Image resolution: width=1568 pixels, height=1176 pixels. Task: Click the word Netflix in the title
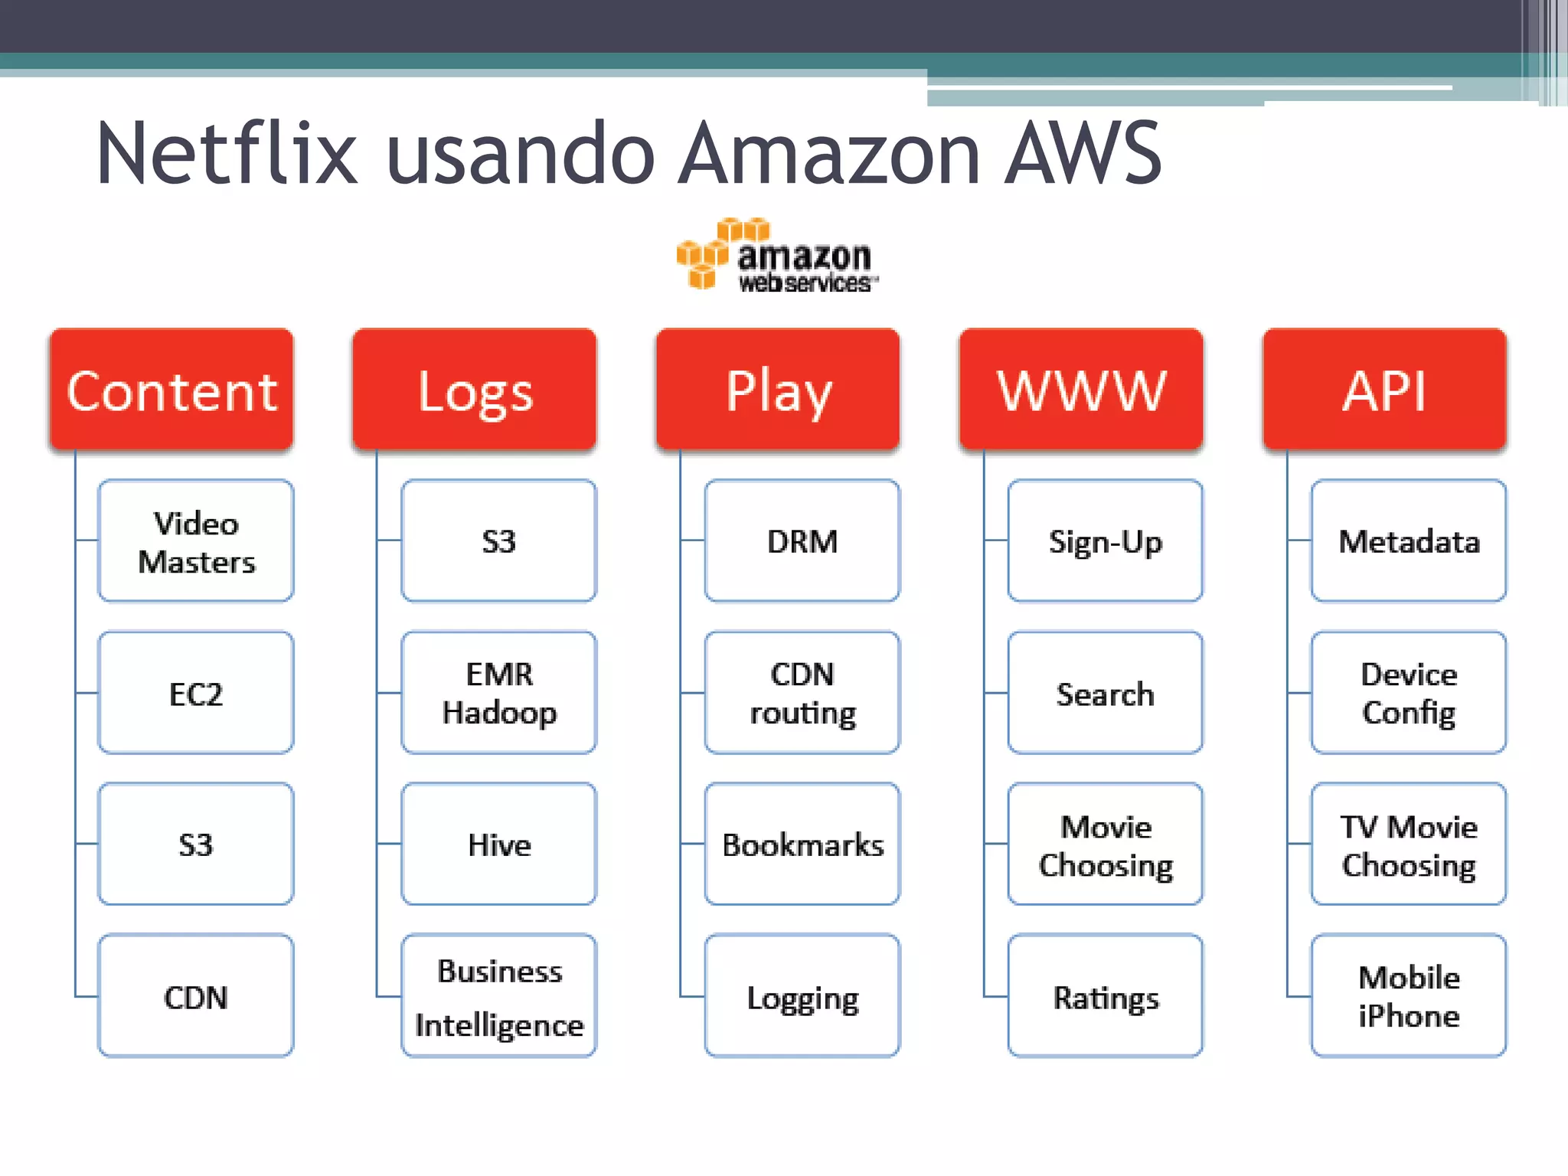[x=227, y=155]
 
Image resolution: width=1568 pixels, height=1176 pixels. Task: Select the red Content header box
[x=171, y=390]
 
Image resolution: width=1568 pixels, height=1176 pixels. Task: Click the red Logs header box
[x=475, y=390]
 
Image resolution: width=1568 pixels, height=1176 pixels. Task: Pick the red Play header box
[x=778, y=390]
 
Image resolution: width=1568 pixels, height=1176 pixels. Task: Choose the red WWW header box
[x=1081, y=390]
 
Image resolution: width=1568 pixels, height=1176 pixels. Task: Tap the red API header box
[x=1384, y=390]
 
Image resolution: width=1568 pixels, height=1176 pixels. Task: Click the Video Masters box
[x=196, y=541]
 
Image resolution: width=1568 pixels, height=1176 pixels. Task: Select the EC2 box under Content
[x=196, y=693]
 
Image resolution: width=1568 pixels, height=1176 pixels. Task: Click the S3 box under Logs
[x=499, y=541]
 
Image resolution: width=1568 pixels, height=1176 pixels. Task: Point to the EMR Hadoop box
[x=499, y=693]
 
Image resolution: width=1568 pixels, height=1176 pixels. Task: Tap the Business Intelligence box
[x=499, y=996]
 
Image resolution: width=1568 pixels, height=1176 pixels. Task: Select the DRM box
[x=802, y=541]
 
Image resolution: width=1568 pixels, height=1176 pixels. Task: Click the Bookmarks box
[x=802, y=844]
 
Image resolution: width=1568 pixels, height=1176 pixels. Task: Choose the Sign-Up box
[x=1106, y=541]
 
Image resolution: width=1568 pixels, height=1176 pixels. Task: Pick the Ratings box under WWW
[x=1106, y=996]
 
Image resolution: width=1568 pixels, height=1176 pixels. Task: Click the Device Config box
[x=1409, y=693]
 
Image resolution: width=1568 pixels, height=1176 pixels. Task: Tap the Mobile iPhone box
[x=1409, y=996]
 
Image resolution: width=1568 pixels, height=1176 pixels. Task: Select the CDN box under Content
[x=196, y=996]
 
